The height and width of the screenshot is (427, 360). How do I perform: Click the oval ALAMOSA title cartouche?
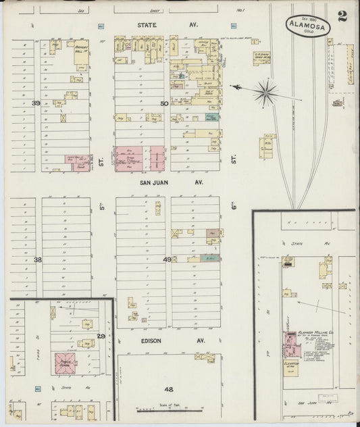click(308, 25)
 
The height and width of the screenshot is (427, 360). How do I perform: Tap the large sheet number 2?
click(342, 17)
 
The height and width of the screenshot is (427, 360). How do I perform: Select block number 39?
click(36, 103)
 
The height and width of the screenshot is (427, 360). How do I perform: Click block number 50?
click(163, 103)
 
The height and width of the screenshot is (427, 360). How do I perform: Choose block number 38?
click(38, 259)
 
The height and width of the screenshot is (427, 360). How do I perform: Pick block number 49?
click(168, 259)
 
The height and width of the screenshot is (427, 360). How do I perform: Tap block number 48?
click(168, 389)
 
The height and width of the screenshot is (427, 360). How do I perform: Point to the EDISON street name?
click(151, 341)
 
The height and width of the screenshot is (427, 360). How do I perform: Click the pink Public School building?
click(66, 360)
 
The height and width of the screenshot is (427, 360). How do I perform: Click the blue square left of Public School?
click(37, 388)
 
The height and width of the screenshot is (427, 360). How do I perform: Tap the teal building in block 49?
click(210, 257)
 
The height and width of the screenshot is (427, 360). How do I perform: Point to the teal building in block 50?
click(212, 117)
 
